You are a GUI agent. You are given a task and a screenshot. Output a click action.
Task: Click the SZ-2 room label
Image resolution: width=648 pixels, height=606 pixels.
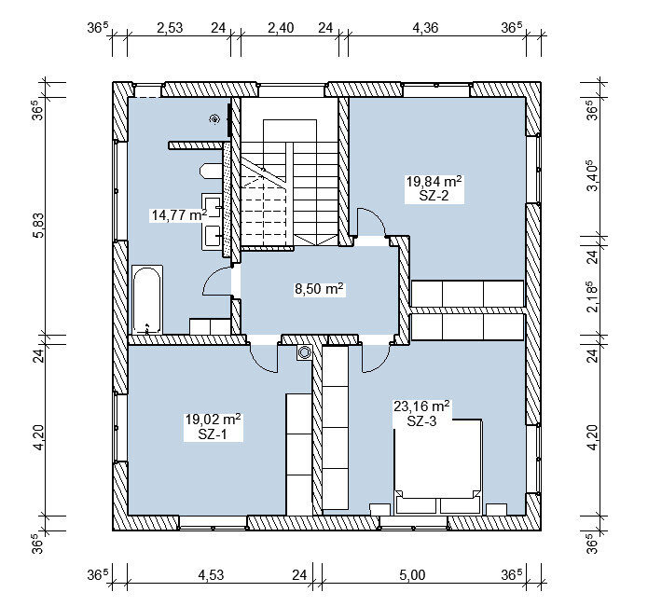point(434,196)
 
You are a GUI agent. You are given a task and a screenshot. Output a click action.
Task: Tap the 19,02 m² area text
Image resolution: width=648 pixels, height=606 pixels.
point(213,420)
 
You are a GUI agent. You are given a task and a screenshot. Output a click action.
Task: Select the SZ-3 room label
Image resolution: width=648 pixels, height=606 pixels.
point(421,421)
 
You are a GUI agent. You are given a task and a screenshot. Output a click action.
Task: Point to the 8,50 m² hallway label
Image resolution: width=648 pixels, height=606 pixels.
point(319,288)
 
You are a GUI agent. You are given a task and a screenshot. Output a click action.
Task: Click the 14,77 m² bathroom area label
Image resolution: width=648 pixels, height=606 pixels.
point(179,215)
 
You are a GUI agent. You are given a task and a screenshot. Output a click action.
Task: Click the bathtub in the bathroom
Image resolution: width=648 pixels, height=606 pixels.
point(146,299)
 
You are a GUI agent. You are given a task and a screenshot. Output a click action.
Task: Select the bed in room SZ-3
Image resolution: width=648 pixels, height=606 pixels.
point(438,467)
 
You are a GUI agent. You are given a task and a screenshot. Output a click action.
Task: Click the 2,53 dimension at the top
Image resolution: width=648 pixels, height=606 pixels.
point(170,28)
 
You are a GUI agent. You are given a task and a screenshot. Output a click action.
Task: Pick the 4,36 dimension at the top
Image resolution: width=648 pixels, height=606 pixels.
point(425,28)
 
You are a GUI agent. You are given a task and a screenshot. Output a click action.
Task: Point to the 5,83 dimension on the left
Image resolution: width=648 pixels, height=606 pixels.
point(38,226)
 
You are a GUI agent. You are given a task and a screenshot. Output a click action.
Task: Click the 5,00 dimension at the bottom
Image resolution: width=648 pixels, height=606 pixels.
point(412,574)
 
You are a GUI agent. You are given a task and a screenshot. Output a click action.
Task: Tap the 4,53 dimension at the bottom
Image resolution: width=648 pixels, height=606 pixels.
point(211,574)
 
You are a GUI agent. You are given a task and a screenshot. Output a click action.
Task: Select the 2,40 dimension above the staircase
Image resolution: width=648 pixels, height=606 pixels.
point(281,28)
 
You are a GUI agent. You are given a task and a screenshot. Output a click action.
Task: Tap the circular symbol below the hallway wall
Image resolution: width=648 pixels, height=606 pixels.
point(305,352)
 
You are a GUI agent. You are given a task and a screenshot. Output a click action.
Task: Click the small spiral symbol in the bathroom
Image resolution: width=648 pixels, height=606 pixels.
point(214,119)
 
